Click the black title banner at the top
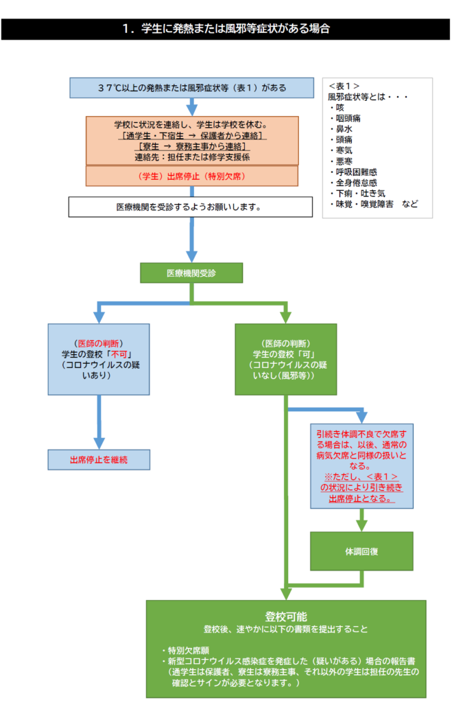coord(226,29)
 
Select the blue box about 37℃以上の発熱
coord(192,88)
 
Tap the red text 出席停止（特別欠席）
coord(192,176)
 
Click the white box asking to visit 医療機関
coord(191,207)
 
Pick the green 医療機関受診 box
coord(191,273)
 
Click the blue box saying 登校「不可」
coord(99,360)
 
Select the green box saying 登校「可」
coord(286,360)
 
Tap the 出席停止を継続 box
coord(99,460)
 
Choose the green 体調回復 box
coord(361,551)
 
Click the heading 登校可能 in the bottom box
coord(286,617)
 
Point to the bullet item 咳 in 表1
coord(337,108)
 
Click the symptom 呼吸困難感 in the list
coord(354,172)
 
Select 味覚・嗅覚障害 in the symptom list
coord(362,205)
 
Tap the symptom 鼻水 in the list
coord(342,129)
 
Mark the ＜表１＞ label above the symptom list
coord(344,86)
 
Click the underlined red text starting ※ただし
coord(361,488)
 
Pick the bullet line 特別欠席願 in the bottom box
coord(185,651)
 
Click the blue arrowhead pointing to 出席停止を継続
coord(99,443)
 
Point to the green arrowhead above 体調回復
coord(361,525)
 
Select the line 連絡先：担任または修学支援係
coord(192,157)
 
